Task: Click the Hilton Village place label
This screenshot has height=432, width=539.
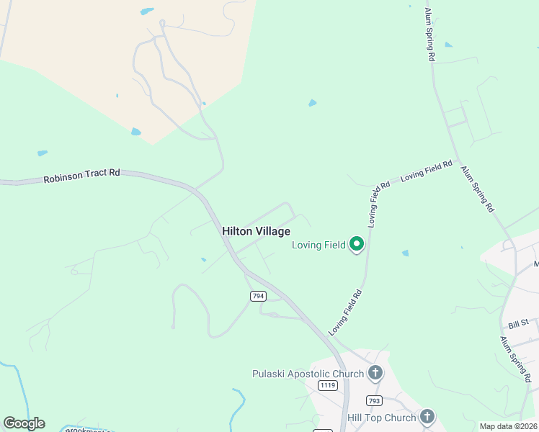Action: tap(256, 231)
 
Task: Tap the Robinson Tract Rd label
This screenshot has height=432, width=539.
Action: tap(81, 176)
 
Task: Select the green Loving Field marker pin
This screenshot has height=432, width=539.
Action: tap(356, 245)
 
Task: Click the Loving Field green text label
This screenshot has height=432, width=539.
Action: tap(318, 245)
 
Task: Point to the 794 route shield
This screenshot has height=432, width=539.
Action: tap(258, 296)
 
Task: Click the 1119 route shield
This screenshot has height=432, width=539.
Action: tap(327, 385)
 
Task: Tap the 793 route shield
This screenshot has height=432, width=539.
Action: tap(374, 400)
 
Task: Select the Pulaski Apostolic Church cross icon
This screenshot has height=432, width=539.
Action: tap(375, 373)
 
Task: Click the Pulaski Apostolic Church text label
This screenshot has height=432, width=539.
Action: tap(308, 373)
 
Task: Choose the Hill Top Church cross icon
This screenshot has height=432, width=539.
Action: tap(427, 416)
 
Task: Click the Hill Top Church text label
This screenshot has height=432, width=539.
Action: tap(382, 418)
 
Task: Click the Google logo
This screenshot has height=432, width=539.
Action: tap(24, 423)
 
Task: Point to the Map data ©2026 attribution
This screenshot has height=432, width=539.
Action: tap(508, 426)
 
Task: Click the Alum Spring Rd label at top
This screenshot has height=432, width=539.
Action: tap(429, 34)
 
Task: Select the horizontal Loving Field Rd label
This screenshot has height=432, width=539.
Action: tap(426, 171)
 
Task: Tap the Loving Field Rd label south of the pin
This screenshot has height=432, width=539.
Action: tap(345, 312)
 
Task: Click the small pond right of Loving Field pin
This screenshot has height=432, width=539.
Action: tap(405, 253)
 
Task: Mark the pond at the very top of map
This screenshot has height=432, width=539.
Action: tap(147, 12)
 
